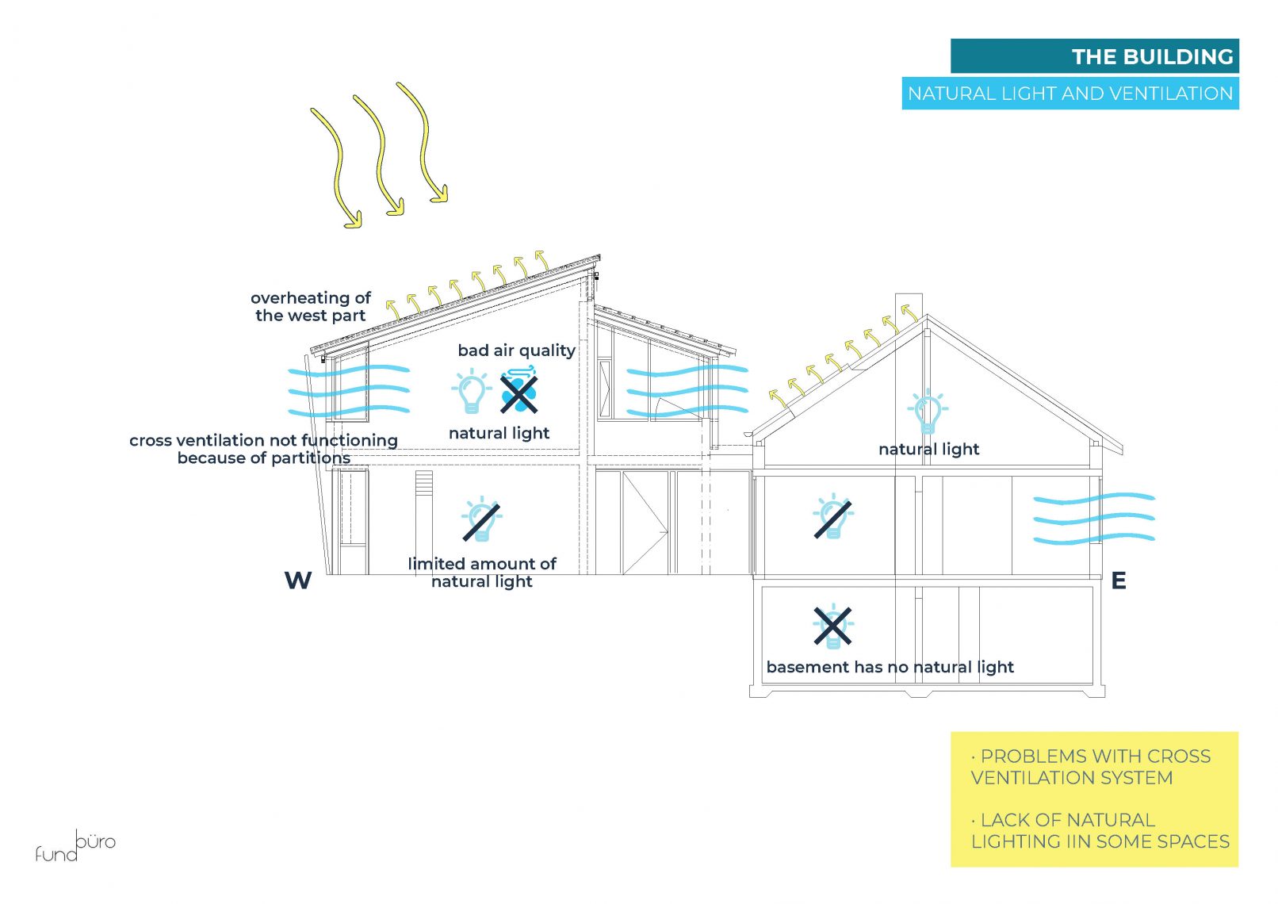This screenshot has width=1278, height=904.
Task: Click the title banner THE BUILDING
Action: pos(1094,56)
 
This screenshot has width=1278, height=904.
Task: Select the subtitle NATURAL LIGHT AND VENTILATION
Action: pos(1069,94)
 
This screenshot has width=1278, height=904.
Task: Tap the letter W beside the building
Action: pos(298,580)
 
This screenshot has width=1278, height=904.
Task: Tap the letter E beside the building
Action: pos(1118,580)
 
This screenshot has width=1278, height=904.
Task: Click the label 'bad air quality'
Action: pos(516,350)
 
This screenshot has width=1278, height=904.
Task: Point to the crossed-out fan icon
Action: pos(519,393)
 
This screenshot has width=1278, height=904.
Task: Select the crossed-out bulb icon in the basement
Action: pos(832,626)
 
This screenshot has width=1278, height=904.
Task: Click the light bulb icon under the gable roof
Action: pos(927,412)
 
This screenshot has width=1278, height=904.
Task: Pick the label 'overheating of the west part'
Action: pos(311,307)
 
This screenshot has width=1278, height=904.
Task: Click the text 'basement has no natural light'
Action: pos(890,667)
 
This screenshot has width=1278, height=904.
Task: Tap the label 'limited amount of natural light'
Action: pos(482,573)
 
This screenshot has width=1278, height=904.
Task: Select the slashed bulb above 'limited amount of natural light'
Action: pos(481,520)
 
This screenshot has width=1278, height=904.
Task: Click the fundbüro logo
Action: pos(75,847)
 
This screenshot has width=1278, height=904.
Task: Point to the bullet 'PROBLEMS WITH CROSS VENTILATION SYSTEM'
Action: pos(1090,767)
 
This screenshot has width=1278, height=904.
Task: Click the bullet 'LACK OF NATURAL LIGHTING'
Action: pos(1099,830)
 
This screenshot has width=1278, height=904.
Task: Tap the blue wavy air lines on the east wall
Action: pos(1093,519)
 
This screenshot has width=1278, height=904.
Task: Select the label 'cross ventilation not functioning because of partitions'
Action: pos(263,449)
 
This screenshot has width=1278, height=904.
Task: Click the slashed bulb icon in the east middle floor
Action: pos(832,517)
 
